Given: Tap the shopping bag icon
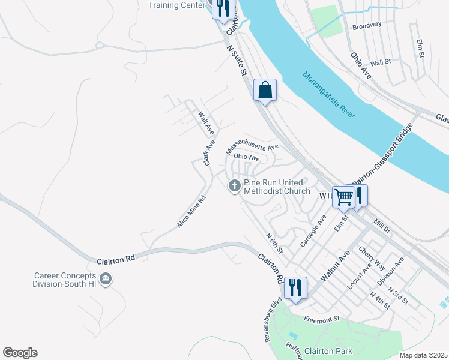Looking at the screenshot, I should [x=265, y=91].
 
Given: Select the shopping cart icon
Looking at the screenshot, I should [x=344, y=196].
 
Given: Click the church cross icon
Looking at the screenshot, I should [x=235, y=187].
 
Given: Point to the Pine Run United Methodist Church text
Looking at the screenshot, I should [x=276, y=187].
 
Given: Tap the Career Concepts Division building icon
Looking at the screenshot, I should [x=106, y=279].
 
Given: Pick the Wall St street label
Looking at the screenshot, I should [x=381, y=62].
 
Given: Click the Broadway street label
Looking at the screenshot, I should [x=367, y=26].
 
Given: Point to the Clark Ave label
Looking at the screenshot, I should [x=209, y=153].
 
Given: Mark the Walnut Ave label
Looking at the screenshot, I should [x=334, y=267].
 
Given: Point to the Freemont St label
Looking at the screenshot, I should [x=322, y=319].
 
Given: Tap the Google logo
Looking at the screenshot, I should [x=20, y=353].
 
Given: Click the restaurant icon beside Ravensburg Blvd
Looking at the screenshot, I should [x=295, y=287].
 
